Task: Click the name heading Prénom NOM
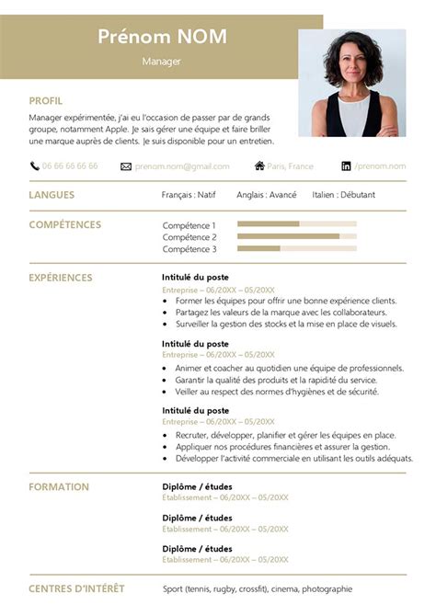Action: tap(162, 37)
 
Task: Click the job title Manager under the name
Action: tap(162, 62)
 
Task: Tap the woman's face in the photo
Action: tap(351, 67)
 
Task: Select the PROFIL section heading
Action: tap(46, 101)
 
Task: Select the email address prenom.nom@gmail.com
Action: tap(195, 166)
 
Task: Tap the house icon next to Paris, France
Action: tap(259, 166)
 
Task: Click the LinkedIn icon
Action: tap(372, 166)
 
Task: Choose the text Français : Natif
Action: tap(189, 195)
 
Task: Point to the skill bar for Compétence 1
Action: tap(296, 224)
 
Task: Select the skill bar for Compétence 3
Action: tap(296, 248)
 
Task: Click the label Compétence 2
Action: tap(189, 237)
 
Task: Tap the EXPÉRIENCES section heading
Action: tap(61, 278)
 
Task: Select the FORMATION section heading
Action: tap(59, 487)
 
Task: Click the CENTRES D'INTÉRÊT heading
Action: tap(76, 588)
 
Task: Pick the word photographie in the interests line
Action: tap(327, 588)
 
